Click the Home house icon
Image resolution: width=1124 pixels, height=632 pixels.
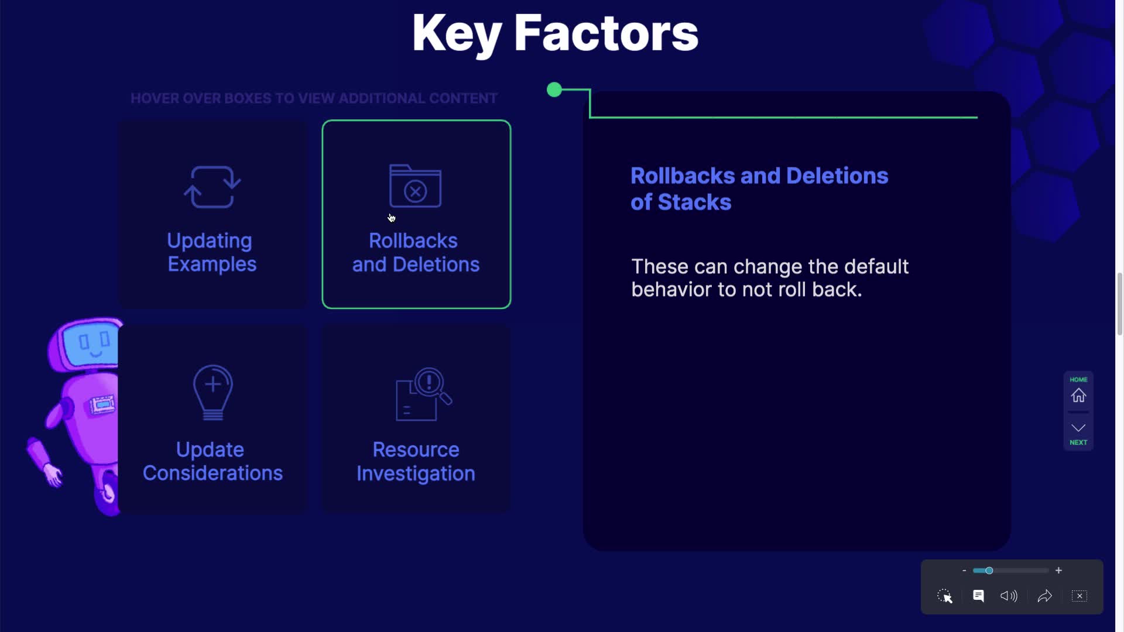tap(1078, 396)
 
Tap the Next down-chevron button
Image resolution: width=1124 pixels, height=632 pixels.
tap(1078, 428)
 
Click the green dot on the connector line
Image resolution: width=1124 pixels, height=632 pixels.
tap(554, 90)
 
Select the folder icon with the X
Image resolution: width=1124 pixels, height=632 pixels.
tap(415, 186)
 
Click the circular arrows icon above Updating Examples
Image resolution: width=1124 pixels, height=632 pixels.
tap(212, 187)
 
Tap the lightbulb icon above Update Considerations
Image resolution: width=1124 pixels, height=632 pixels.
tap(213, 393)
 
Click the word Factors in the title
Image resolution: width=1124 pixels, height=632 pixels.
tap(606, 33)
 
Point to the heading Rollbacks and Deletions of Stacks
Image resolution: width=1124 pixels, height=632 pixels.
tap(759, 188)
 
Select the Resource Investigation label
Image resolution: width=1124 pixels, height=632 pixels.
tap(416, 461)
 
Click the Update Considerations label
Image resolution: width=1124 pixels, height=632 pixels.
tap(213, 461)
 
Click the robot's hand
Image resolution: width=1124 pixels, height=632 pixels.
tap(53, 475)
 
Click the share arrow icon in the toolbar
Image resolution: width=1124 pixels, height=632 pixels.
tap(1045, 596)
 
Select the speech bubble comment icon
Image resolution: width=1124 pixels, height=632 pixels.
tap(978, 596)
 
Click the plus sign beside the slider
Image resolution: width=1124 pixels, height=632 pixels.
tap(1058, 571)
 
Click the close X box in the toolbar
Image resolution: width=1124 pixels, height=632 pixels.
tap(1080, 596)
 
